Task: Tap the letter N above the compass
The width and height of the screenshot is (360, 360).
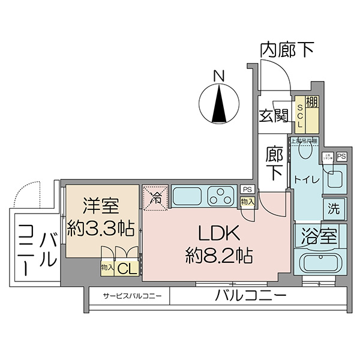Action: pyautogui.click(x=220, y=76)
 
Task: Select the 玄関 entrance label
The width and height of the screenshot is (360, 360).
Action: pyautogui.click(x=274, y=115)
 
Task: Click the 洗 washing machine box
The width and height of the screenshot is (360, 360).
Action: pyautogui.click(x=334, y=209)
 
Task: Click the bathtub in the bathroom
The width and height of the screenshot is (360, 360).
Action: pyautogui.click(x=319, y=263)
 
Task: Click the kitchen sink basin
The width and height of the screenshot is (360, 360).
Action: pyautogui.click(x=188, y=196)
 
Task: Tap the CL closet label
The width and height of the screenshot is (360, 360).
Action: pyautogui.click(x=127, y=268)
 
